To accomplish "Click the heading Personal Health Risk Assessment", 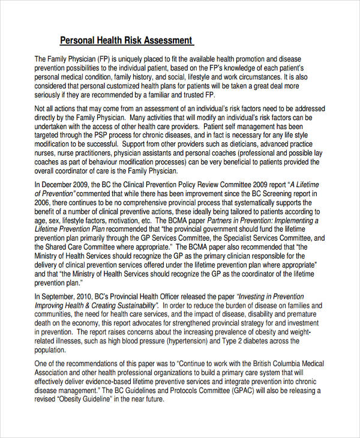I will [127, 41].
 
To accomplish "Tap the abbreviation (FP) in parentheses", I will [104, 59].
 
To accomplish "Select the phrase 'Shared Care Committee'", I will [85, 248].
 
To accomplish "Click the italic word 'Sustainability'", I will [131, 305].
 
